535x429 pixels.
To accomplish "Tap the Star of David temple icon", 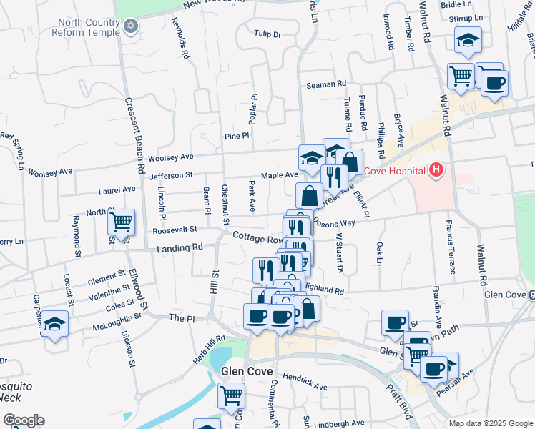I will point(130,27).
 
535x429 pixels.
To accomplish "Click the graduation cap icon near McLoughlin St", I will point(54,325).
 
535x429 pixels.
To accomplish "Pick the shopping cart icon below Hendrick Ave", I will point(230,395).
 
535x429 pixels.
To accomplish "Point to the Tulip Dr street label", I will point(267,34).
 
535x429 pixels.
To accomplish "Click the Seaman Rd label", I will point(326,84).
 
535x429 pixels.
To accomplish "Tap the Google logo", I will point(24,420).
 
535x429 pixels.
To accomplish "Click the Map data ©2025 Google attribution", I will point(490,423).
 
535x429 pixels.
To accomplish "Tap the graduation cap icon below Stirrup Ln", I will point(468,41).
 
